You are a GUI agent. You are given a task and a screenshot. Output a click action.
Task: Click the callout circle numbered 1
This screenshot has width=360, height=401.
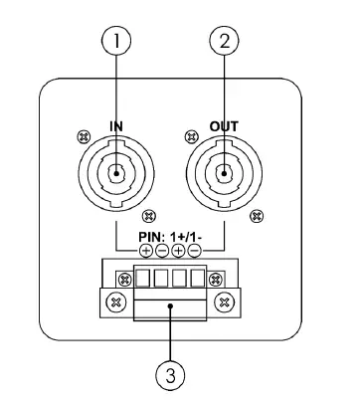click(116, 41)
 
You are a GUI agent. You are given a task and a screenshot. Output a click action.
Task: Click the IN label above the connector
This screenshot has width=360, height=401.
click(116, 127)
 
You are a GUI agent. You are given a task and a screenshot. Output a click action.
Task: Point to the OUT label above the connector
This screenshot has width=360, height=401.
click(225, 127)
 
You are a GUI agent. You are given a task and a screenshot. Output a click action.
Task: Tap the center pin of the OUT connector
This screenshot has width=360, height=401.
click(225, 178)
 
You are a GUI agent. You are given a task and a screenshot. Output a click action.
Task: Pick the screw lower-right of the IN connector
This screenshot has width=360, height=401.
click(150, 215)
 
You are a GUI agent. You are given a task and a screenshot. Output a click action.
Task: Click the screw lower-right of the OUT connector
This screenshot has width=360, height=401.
click(258, 215)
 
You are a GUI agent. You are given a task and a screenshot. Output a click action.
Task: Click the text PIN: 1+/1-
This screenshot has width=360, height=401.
click(171, 236)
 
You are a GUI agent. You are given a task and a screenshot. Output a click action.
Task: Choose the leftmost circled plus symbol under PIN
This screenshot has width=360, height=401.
click(146, 250)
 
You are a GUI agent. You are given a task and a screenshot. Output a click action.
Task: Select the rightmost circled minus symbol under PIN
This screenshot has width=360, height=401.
click(195, 250)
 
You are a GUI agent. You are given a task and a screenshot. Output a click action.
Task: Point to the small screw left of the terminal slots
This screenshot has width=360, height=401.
click(126, 276)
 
